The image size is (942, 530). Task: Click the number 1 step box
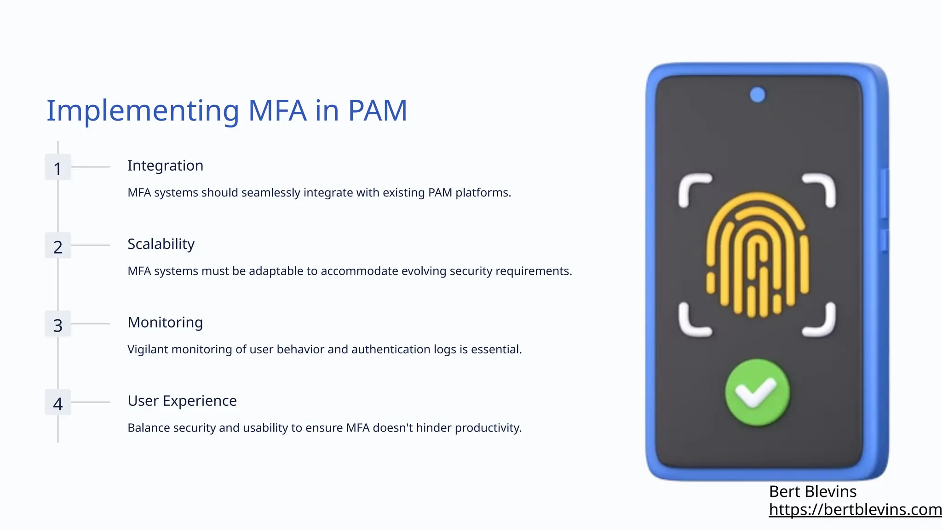pos(57,167)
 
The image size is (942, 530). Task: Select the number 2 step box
pos(57,246)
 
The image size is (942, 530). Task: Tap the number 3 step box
pos(57,324)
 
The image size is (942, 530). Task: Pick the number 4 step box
pos(57,403)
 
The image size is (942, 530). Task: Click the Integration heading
pos(165,166)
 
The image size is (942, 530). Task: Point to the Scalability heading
pos(161,244)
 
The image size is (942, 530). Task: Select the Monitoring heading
pos(165,323)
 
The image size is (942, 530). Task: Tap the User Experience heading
pos(182,401)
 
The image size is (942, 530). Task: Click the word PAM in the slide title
pos(377,110)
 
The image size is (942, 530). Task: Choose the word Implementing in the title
pos(143,111)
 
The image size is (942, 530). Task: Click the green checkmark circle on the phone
pos(757,392)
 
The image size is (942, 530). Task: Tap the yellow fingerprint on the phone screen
pos(757,255)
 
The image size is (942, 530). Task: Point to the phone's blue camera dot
pos(758,95)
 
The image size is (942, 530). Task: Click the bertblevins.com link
pos(855,510)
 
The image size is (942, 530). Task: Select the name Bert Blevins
pos(813,492)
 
